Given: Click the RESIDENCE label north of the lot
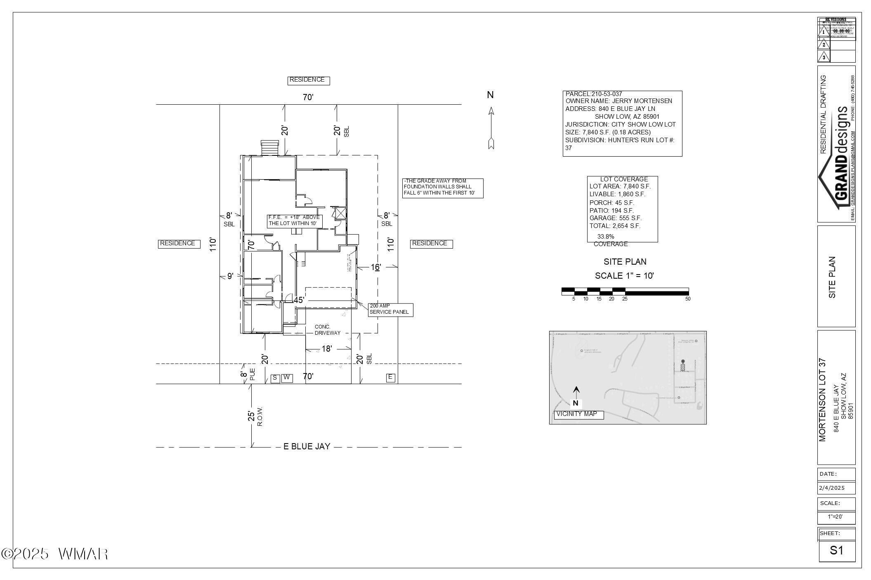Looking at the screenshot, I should click(308, 80).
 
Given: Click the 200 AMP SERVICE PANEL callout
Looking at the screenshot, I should click(390, 310).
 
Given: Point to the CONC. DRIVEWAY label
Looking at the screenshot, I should click(328, 330).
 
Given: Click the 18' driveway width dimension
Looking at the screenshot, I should click(326, 349).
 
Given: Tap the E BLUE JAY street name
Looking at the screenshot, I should click(307, 446).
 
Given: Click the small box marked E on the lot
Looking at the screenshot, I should click(390, 377).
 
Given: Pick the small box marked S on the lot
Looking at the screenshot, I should click(275, 378).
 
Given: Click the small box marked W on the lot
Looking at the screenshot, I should click(287, 378).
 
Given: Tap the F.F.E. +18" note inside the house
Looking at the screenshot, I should click(294, 221).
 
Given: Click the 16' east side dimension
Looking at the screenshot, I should click(375, 268).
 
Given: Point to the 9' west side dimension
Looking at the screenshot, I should click(230, 276).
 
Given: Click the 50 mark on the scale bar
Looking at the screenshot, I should click(688, 299).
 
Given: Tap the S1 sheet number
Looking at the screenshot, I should click(836, 550).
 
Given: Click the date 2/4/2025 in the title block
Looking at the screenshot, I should click(832, 488).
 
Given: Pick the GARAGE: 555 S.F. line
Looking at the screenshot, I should click(615, 218).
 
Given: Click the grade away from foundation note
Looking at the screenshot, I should click(442, 187).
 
